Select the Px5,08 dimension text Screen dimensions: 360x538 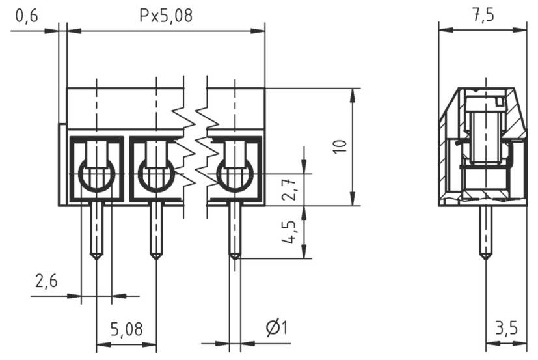167,16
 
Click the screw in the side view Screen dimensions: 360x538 484,133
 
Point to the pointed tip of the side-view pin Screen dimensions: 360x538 485,256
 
